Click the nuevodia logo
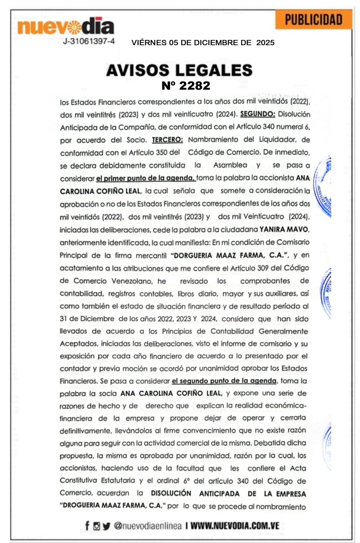(x=66, y=26)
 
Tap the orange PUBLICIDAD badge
(x=313, y=20)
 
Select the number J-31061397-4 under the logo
(x=89, y=41)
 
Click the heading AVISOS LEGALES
(x=179, y=70)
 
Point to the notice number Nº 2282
(x=186, y=85)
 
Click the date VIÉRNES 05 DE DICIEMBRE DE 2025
(x=203, y=43)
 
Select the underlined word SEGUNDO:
(x=258, y=114)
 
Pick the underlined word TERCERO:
(x=167, y=140)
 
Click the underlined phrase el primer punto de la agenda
(x=145, y=178)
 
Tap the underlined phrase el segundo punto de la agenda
(x=224, y=381)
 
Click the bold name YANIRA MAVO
(x=284, y=229)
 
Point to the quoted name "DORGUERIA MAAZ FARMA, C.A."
(x=229, y=255)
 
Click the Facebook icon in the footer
(x=87, y=525)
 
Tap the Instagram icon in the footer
(x=96, y=526)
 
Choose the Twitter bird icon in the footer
(x=106, y=526)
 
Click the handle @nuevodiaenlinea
(x=148, y=526)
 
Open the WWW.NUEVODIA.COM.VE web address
(x=235, y=526)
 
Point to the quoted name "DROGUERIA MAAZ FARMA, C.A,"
(x=112, y=506)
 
